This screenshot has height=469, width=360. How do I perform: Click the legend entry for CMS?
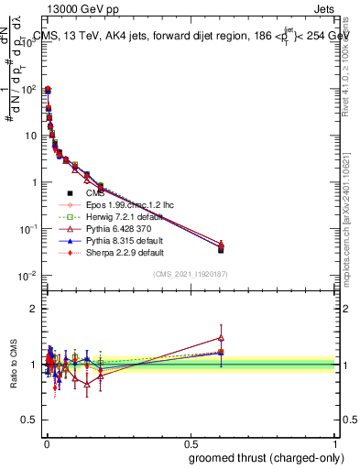point(95,193)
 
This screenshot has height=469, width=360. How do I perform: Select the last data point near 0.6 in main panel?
point(221,247)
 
